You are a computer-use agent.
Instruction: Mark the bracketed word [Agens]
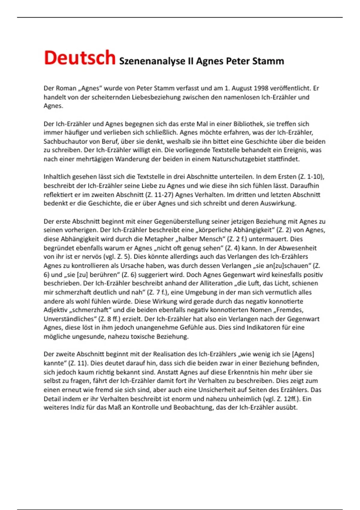click(x=303, y=354)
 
